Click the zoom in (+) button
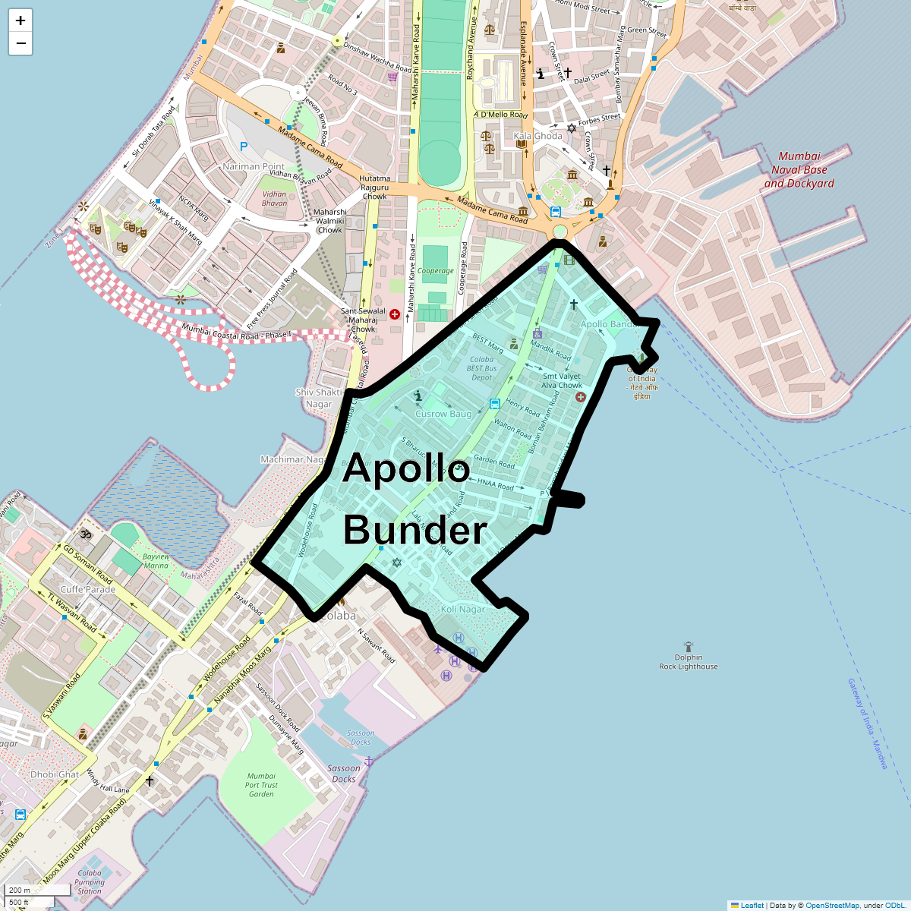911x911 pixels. click(x=20, y=20)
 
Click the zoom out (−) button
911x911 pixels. click(x=20, y=44)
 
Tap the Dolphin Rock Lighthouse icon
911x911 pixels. click(x=689, y=646)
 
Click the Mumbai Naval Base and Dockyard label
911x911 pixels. click(x=799, y=170)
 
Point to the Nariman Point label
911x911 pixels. click(x=254, y=166)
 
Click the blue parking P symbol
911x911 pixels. click(x=244, y=147)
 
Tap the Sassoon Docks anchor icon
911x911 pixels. click(x=369, y=761)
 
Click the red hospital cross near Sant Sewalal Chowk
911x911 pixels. click(x=394, y=314)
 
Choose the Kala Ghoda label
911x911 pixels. click(x=537, y=137)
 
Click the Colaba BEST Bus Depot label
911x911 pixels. click(x=481, y=368)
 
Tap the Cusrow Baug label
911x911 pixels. click(x=443, y=414)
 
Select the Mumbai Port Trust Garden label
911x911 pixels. click(x=261, y=785)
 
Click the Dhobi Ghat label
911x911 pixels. click(x=55, y=774)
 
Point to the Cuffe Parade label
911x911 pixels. click(x=88, y=589)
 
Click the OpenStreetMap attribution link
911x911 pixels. click(x=832, y=905)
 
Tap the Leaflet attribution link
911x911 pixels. click(x=752, y=905)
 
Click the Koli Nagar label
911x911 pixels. click(x=462, y=610)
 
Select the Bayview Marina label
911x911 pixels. click(x=156, y=561)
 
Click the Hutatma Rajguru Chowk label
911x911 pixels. click(x=374, y=188)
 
